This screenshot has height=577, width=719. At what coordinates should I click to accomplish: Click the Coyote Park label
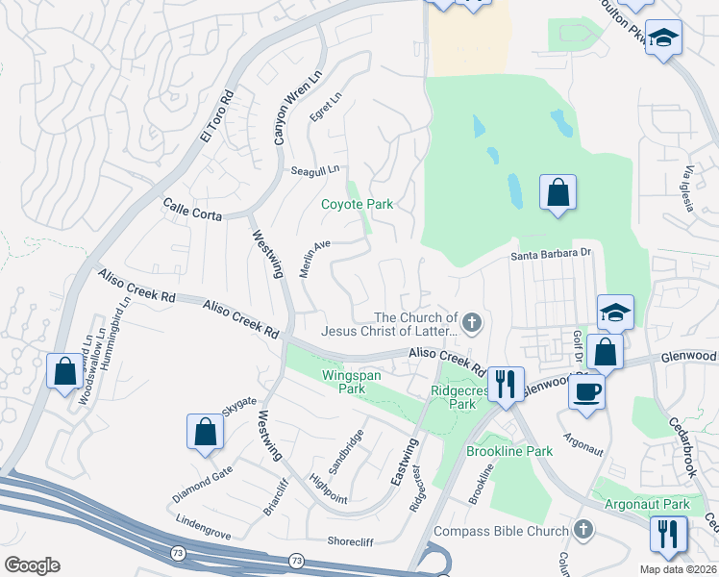tap(357, 204)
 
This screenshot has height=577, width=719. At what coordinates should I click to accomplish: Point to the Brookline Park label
tap(509, 451)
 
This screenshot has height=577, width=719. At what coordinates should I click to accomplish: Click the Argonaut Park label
tap(648, 504)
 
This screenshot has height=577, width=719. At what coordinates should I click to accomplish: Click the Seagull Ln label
tap(315, 170)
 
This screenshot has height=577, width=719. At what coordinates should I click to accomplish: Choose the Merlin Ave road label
tap(314, 258)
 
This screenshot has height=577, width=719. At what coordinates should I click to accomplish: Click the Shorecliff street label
tap(356, 540)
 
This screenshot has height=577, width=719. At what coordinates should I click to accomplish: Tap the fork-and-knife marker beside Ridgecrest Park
tap(504, 384)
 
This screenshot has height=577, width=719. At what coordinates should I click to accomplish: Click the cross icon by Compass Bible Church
tap(583, 530)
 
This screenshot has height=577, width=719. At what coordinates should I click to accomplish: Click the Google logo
tap(32, 565)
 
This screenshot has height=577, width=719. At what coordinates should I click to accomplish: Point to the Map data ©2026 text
tap(678, 569)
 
